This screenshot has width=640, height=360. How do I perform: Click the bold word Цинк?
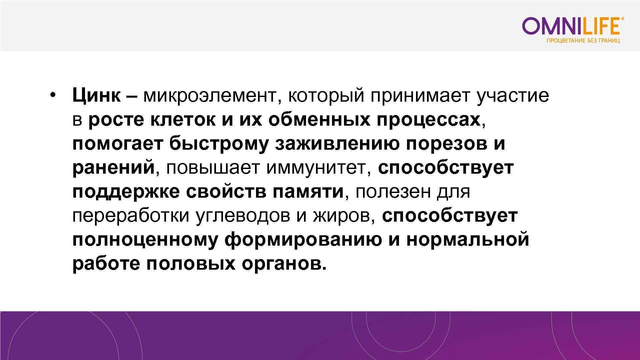[x=96, y=96]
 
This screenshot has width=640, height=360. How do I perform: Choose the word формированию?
[x=303, y=240]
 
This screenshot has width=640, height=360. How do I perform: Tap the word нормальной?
[x=467, y=240]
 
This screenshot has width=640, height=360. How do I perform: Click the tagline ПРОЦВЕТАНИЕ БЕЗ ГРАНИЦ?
[x=583, y=41]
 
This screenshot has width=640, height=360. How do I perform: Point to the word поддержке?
[x=126, y=192]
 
